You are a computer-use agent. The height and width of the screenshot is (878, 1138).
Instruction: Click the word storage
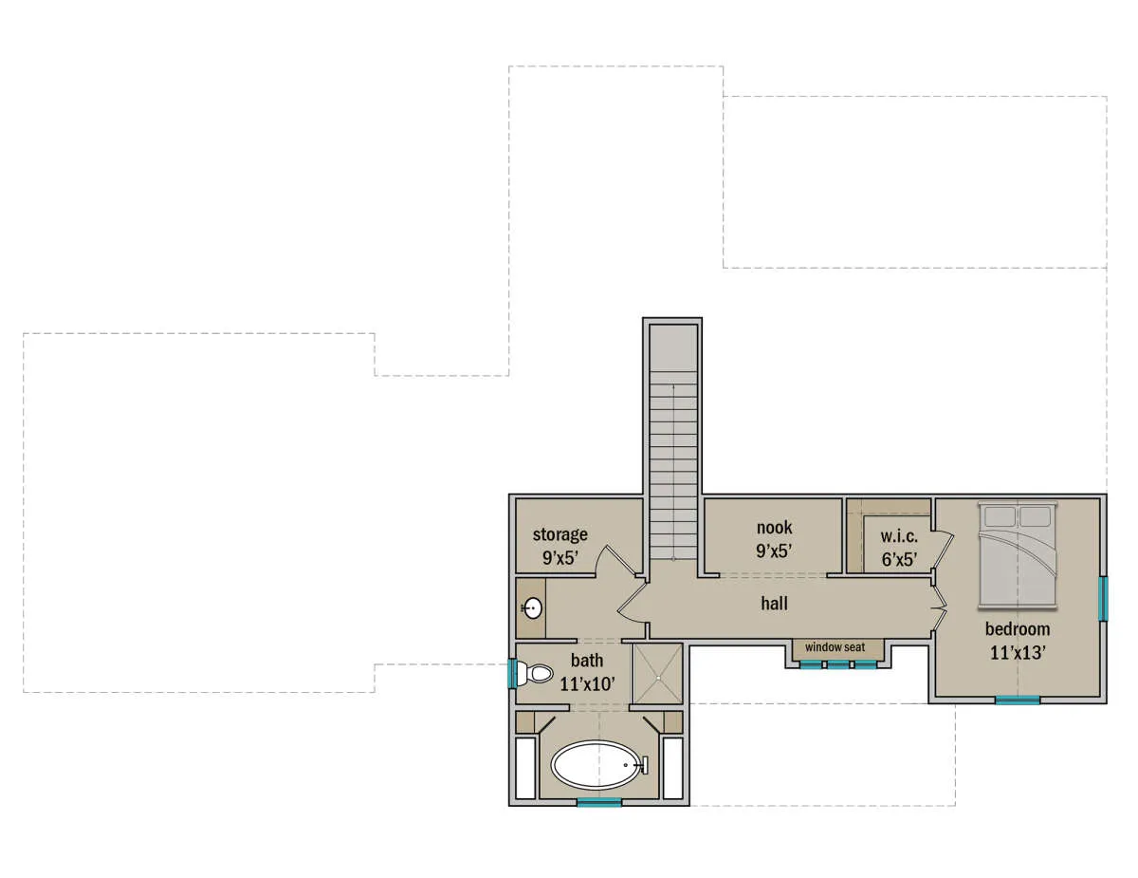[x=560, y=535]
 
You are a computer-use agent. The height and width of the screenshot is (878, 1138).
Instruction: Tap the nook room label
[x=774, y=528]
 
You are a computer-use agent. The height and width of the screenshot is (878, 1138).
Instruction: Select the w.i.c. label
[x=899, y=536]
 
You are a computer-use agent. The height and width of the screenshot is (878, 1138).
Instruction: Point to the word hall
[x=774, y=604]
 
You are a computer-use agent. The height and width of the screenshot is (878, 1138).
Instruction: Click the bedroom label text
[x=1017, y=629]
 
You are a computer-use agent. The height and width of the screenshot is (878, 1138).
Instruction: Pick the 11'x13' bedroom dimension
[x=1018, y=653]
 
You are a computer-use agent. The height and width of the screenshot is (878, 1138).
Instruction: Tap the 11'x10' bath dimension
[x=587, y=684]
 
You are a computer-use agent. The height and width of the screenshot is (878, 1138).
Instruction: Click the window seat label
[x=835, y=647]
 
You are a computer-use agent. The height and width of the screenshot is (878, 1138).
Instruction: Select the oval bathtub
[x=596, y=764]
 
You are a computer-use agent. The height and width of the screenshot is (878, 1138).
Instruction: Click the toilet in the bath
[x=535, y=674]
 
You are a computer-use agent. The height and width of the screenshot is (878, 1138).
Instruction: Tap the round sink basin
[x=532, y=608]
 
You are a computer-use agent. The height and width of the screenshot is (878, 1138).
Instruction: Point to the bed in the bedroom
[x=1017, y=555]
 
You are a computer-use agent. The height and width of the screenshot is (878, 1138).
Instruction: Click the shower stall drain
[x=657, y=679]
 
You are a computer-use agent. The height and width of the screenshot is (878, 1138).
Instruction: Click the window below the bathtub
[x=599, y=802]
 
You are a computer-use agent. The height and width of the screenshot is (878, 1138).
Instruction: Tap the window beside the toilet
[x=513, y=674]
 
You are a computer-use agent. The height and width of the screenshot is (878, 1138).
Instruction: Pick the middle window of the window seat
[x=837, y=664]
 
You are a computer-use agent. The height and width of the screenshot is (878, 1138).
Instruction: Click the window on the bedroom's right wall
[x=1103, y=599]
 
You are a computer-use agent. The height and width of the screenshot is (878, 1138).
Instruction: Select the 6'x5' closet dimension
[x=899, y=559]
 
